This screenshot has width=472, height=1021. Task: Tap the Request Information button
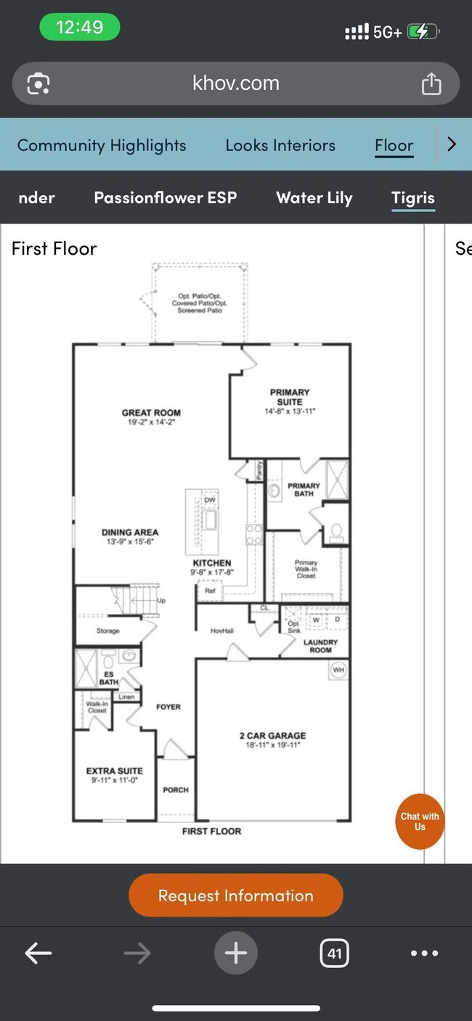[x=235, y=895]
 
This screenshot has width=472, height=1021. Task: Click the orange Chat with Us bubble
[x=420, y=821]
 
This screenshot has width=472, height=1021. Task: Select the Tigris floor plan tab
[x=412, y=198]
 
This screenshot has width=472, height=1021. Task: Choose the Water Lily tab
[x=314, y=198]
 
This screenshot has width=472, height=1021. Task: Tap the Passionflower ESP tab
[x=166, y=198]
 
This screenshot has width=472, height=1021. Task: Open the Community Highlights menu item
[x=102, y=145]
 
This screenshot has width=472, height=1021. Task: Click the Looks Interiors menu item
[x=280, y=145]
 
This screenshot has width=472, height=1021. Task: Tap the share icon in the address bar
[x=431, y=83]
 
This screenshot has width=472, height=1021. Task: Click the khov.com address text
[x=236, y=83]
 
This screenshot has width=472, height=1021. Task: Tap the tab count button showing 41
[x=334, y=953]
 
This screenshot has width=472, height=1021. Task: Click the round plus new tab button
[x=235, y=953]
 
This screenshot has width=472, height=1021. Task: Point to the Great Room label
[x=151, y=413]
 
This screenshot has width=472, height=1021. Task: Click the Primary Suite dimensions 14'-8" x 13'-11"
[x=290, y=411]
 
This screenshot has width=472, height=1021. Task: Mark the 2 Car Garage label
[x=272, y=735]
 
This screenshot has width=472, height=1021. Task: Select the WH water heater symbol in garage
[x=338, y=670]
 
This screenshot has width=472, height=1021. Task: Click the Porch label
[x=176, y=790]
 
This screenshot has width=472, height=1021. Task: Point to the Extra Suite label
[x=115, y=771]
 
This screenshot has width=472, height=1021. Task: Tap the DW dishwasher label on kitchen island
[x=210, y=500]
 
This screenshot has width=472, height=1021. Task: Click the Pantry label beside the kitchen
[x=259, y=470]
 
